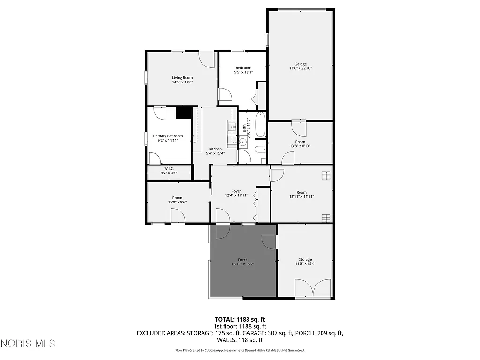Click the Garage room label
point(300,64)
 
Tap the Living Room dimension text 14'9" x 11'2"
point(182,82)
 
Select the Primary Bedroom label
point(168,136)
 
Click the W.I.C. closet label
point(169,168)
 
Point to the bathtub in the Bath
point(261,125)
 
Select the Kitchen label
point(215,149)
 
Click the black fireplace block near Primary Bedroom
point(184,113)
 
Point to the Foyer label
point(236,191)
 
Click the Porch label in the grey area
point(243,260)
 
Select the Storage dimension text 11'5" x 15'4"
point(305,264)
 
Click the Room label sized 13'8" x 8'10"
point(300,142)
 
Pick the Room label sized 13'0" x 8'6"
point(177,198)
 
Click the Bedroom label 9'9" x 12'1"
point(243,68)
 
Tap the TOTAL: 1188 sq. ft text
point(240,319)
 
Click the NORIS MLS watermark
point(28,344)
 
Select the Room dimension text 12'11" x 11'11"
point(301,197)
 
